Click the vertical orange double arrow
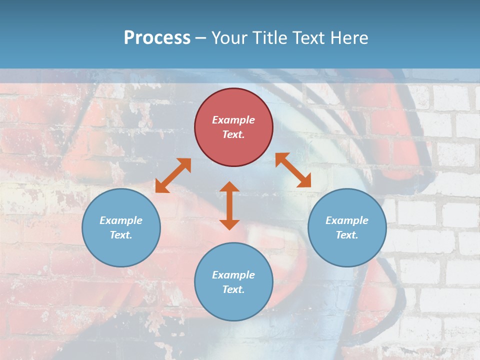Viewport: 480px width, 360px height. [229, 206]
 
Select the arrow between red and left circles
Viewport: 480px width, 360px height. [173, 175]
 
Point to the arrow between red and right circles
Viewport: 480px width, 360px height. [293, 170]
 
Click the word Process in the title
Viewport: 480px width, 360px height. [157, 37]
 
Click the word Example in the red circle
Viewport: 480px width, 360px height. [233, 120]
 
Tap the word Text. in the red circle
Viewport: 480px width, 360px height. [233, 134]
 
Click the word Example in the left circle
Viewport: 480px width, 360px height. [121, 220]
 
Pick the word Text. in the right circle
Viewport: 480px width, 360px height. [347, 235]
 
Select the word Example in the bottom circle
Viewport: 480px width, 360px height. [233, 275]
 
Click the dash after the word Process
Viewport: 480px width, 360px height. [201, 38]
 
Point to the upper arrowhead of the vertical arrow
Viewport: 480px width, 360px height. [229, 187]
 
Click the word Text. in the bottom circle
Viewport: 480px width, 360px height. [233, 289]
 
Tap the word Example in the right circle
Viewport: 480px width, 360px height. [347, 220]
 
